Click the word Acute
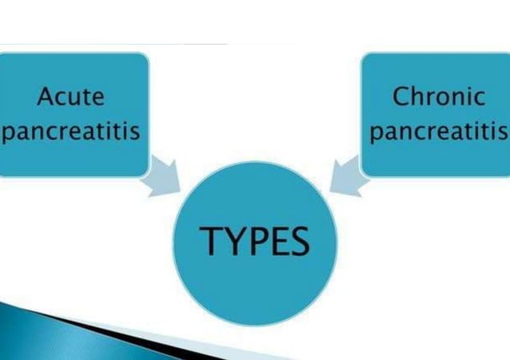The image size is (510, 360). (x=71, y=97)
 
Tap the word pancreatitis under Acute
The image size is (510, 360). (x=71, y=130)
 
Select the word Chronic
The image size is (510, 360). (x=439, y=97)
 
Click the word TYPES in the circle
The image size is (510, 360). (x=254, y=239)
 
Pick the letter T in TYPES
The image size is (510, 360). (x=209, y=239)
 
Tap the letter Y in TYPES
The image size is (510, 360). (x=232, y=239)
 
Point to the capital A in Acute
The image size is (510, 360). (x=45, y=97)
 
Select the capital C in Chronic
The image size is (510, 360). (x=401, y=97)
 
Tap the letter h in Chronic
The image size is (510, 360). (x=418, y=97)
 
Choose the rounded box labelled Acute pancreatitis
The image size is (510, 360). (x=74, y=114)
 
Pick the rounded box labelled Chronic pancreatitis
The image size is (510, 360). (x=436, y=114)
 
